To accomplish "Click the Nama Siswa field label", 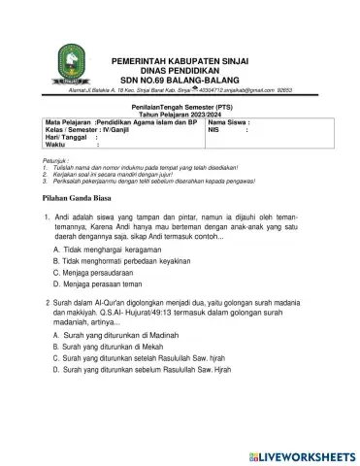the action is pos(229,123).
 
